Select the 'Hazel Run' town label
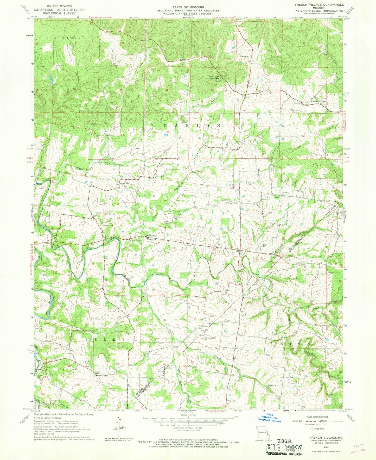click(x=124, y=183)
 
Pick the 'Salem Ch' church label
click(x=273, y=386)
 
